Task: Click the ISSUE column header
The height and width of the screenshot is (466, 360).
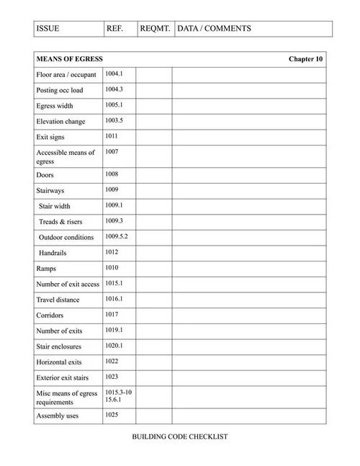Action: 48,29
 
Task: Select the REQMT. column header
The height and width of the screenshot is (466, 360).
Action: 155,29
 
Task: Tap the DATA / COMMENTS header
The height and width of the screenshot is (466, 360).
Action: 214,29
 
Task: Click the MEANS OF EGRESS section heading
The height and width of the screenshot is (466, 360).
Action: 69,59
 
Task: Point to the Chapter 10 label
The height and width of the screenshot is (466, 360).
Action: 305,59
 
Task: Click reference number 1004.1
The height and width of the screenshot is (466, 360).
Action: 114,74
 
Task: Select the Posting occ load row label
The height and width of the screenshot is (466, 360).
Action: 59,91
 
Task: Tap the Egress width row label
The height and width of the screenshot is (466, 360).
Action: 55,106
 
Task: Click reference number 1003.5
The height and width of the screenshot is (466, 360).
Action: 114,120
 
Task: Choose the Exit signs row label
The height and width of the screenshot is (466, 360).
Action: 51,137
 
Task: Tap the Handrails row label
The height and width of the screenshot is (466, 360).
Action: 56,253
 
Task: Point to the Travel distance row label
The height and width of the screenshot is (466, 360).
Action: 59,300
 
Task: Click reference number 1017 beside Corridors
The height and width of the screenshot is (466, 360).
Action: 112,314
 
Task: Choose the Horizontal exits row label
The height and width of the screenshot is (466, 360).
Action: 59,362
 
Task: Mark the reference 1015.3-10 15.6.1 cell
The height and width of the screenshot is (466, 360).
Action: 118,395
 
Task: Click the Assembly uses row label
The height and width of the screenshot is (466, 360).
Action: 58,416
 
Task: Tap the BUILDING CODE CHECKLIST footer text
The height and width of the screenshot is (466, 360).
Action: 180,437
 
